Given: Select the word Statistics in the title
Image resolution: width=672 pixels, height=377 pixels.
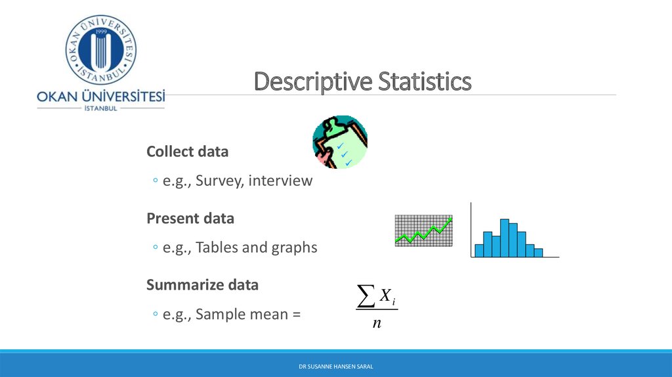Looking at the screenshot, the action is (x=425, y=81).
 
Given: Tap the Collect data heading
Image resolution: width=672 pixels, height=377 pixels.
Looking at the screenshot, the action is (x=187, y=152).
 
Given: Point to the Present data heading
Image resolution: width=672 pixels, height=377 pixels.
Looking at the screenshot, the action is (x=190, y=218).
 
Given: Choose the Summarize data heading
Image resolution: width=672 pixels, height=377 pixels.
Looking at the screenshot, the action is (x=202, y=285).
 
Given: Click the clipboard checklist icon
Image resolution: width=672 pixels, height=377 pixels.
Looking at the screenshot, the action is (x=340, y=142).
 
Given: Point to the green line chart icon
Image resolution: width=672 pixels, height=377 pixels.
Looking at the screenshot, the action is (x=423, y=231).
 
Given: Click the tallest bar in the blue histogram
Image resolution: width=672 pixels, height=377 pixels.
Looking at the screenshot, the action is (x=505, y=238).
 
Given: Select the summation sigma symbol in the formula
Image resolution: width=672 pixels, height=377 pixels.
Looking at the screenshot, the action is (x=366, y=296).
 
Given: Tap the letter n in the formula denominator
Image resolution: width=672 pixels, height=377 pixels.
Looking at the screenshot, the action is (x=377, y=323).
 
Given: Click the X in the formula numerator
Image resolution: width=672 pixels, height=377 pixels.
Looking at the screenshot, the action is (x=385, y=295).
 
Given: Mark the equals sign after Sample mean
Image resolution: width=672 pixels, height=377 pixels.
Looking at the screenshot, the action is (x=297, y=315).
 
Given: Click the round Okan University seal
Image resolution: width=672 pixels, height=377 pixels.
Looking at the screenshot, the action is (x=100, y=50).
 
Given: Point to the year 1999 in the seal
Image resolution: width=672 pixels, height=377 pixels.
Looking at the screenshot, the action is (x=101, y=32).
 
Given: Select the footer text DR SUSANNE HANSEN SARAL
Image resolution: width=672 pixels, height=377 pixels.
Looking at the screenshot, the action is (x=336, y=366).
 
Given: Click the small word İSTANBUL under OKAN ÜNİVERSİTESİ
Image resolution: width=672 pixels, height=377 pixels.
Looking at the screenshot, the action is (x=100, y=108).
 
